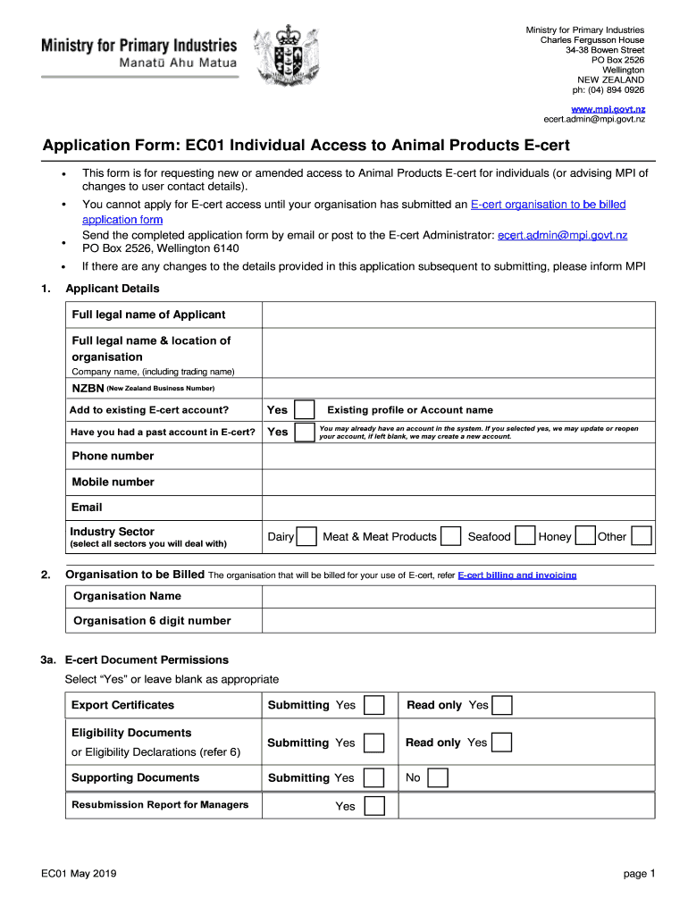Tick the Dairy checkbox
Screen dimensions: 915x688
[306, 537]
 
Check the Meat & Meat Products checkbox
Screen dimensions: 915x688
[452, 537]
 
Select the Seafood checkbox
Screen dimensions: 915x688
[525, 537]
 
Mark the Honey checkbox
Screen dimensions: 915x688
[585, 537]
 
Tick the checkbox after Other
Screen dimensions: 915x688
[642, 537]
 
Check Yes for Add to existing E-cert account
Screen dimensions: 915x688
[305, 410]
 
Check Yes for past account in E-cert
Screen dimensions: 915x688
[305, 432]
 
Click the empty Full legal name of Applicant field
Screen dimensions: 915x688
[457, 315]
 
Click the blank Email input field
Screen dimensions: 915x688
[457, 508]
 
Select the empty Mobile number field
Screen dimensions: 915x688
[457, 483]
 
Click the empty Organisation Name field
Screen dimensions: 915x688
[457, 596]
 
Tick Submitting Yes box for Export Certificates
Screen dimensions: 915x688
[375, 705]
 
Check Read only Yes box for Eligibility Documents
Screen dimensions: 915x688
[502, 743]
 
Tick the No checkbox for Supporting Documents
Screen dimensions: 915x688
[437, 778]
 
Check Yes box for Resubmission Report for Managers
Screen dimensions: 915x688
[375, 806]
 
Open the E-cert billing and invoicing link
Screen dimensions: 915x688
[516, 575]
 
